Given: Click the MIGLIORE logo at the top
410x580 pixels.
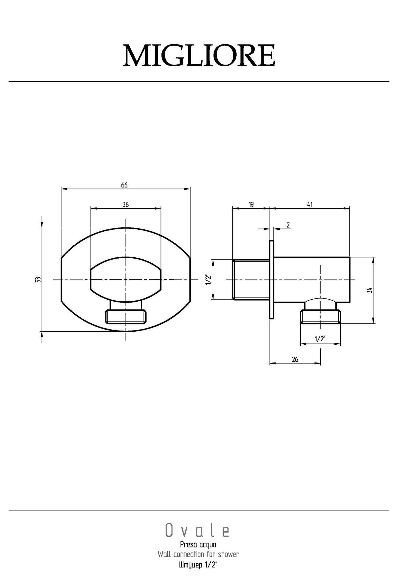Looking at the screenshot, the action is pos(199,55).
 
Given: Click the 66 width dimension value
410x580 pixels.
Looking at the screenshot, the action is pos(124,185).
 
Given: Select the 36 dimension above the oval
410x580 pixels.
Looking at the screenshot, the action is pos(125,204).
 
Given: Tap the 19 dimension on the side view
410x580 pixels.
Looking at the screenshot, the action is pos(251,204).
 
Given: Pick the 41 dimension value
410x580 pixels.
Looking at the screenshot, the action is pos(310,204).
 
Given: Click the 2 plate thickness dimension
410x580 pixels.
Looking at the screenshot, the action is pos(288,225).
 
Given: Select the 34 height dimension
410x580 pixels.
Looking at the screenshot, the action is pos(369,290).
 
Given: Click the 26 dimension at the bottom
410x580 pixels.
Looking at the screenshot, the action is pos(295,359).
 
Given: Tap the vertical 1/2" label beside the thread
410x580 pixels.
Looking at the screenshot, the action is pos(208,280).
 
